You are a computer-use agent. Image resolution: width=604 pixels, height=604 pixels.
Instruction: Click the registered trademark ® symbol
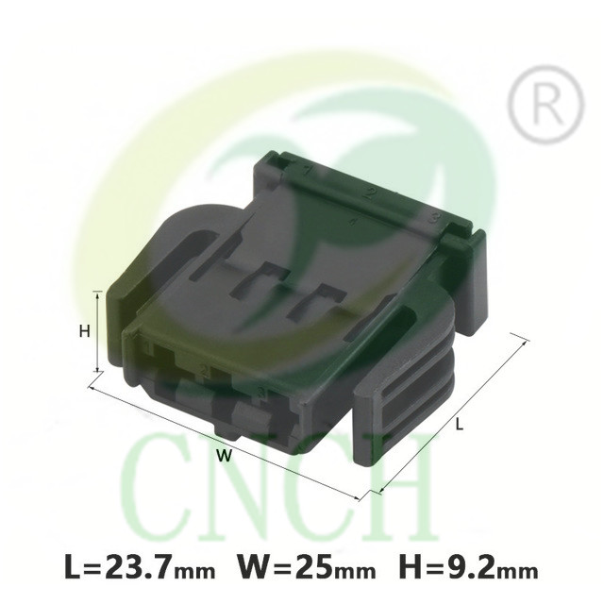point(545,105)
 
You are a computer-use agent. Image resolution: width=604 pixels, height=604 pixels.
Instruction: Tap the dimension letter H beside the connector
point(84,331)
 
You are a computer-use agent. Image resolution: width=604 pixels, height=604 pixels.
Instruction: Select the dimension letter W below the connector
point(225,456)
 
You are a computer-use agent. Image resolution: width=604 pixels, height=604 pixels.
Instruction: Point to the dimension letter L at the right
point(460,425)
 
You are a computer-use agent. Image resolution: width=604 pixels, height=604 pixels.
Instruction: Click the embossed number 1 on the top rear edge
point(307,171)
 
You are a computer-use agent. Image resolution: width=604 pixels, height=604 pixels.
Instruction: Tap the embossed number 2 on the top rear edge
point(370,193)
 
